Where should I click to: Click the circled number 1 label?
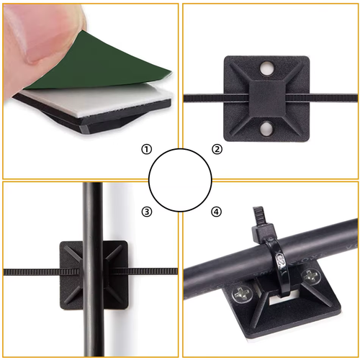coord(146,149)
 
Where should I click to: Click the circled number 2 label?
coord(217,149)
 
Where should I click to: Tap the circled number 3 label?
coord(146,212)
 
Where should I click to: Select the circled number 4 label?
coord(216,212)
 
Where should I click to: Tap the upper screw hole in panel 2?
coord(266,68)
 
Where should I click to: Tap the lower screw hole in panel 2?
coord(266,129)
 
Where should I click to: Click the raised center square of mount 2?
coord(267,99)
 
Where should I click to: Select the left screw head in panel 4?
coord(242,293)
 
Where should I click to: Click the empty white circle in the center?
coord(180,180)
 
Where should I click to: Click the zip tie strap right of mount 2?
coord(322,98)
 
